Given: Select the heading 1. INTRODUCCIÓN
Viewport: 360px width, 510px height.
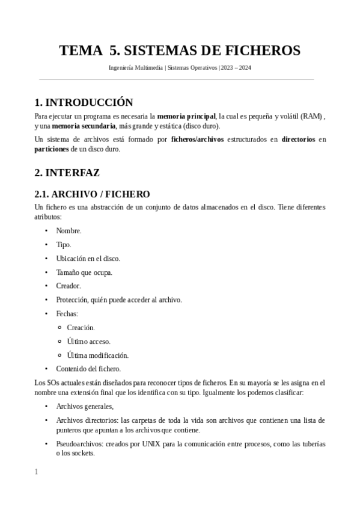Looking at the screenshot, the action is [84, 102].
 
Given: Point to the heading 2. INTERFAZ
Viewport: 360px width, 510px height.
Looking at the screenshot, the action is [67, 173].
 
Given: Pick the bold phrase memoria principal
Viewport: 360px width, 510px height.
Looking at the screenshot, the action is [186, 115].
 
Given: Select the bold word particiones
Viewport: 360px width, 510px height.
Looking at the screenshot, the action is [52, 149].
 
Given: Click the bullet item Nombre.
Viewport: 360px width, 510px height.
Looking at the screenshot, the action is [69, 230].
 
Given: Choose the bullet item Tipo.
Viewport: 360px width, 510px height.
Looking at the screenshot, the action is [64, 244].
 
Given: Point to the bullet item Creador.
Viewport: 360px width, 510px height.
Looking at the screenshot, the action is [69, 286].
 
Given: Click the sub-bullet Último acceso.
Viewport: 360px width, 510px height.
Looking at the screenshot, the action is [88, 341].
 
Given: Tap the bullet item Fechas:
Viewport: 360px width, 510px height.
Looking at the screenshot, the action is [67, 313].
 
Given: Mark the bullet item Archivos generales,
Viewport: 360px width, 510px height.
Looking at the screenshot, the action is [85, 407].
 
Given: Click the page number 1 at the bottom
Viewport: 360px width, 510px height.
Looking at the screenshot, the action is [36, 472].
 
